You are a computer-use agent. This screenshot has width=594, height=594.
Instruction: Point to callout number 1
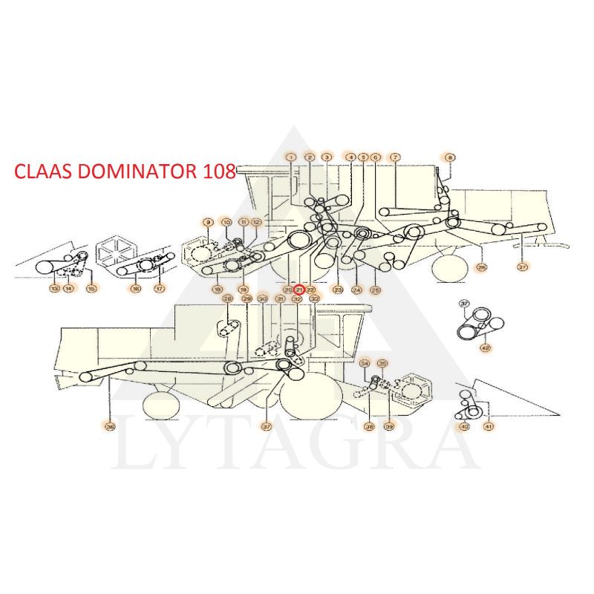point(290,157)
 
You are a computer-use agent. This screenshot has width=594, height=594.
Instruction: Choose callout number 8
point(450,157)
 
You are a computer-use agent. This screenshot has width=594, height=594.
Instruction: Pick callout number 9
point(209,222)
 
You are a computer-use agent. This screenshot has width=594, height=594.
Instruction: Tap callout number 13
point(53,288)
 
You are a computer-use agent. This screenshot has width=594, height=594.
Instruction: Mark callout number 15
point(91,288)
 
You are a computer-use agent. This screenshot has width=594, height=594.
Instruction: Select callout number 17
point(159,288)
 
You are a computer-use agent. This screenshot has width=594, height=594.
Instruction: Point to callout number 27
point(523,267)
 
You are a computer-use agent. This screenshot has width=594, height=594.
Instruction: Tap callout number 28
point(228,298)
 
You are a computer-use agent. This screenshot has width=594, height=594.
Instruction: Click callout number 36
point(110,426)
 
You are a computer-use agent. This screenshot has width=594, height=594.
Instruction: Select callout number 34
point(364,364)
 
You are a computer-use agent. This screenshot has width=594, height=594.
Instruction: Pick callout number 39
point(388,426)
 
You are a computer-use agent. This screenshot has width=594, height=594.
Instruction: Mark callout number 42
point(486,347)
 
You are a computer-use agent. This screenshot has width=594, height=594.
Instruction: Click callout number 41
point(489,426)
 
